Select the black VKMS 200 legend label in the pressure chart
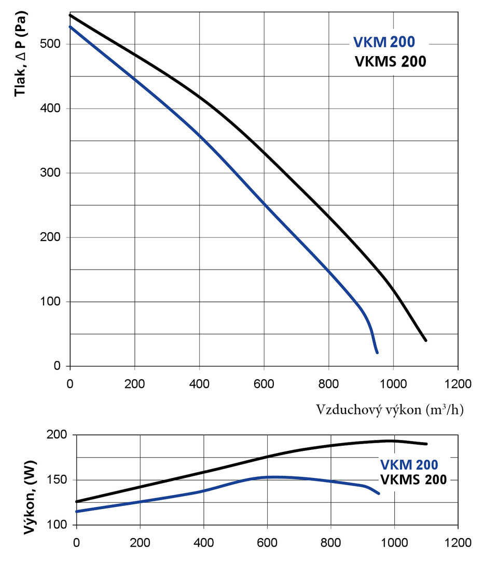coord(390,61)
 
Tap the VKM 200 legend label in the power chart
coord(409,464)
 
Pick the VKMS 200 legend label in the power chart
coord(413,479)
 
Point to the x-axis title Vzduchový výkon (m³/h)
coord(390,410)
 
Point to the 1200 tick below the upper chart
coord(457,384)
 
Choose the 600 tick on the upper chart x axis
coord(264,384)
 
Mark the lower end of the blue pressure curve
coord(377,353)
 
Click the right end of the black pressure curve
coord(426,340)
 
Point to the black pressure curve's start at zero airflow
coord(71,15)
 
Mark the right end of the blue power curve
coord(379,493)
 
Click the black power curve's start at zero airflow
coord(77,501)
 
